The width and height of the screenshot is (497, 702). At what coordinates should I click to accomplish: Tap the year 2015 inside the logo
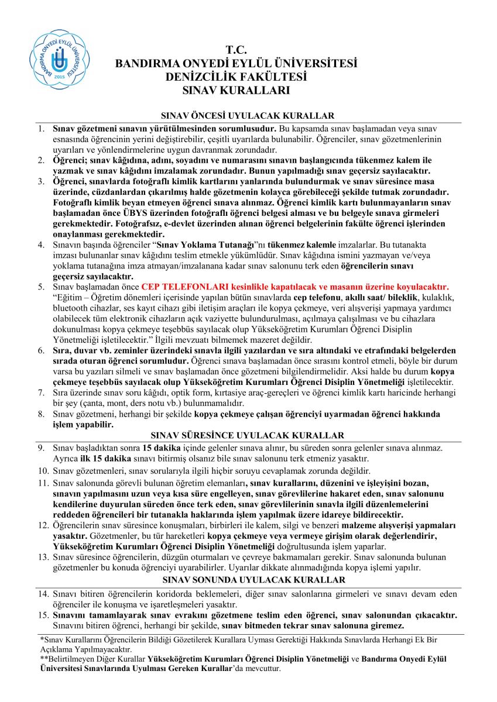60,77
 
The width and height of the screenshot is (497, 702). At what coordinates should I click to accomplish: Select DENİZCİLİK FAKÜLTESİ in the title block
236,77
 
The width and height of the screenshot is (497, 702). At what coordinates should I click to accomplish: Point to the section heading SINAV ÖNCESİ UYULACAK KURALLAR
248,116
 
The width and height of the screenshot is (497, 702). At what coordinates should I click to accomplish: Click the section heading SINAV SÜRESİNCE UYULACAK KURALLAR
248,435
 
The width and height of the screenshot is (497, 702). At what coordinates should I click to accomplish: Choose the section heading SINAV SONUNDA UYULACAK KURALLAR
248,580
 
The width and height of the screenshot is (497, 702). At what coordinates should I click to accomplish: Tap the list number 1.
41,128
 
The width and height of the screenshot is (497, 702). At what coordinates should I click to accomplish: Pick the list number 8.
41,414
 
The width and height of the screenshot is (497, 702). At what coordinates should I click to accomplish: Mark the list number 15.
43,615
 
